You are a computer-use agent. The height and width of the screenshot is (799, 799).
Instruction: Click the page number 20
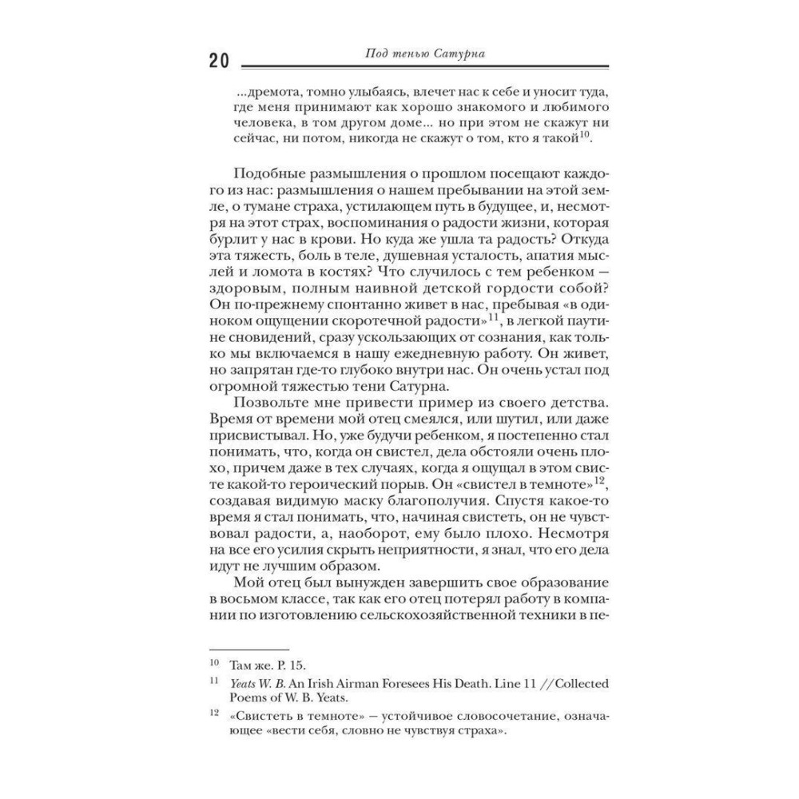218,62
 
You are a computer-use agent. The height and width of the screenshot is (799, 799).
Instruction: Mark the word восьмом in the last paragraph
249,599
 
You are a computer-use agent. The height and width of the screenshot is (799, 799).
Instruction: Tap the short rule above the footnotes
248,650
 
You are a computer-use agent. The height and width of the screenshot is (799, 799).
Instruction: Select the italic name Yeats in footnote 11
244,683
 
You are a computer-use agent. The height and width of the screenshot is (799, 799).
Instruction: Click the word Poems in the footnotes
248,698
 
